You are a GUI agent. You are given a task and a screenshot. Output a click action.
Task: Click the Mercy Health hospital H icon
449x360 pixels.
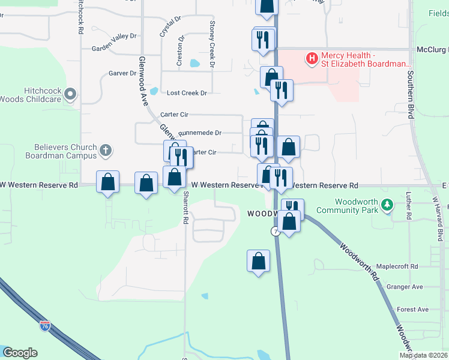[x=312, y=58]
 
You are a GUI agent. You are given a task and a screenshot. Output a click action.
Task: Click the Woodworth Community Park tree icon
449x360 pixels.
[x=388, y=205]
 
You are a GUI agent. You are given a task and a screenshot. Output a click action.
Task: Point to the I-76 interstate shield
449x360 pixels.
[x=45, y=326]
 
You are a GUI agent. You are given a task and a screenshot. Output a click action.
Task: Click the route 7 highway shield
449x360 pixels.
[x=276, y=232]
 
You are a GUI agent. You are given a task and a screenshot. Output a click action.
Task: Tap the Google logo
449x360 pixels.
[x=20, y=353]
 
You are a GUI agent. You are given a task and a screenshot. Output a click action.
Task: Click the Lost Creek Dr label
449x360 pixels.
[x=187, y=93]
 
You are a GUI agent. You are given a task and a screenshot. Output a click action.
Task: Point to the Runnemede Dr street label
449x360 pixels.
[x=200, y=133]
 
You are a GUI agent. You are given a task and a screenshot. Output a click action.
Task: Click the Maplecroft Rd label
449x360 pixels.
[x=397, y=266]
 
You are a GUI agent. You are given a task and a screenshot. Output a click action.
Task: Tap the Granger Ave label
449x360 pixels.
[x=405, y=287]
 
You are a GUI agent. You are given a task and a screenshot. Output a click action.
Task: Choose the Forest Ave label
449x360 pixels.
[x=412, y=309]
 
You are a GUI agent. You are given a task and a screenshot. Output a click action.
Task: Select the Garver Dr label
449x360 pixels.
[x=123, y=73]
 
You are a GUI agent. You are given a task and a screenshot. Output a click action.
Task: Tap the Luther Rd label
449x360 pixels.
[x=408, y=205]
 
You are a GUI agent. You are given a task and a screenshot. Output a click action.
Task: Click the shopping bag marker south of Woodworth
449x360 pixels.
[x=258, y=262]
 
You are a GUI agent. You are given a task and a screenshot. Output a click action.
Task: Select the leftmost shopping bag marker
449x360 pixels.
[x=108, y=182]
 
